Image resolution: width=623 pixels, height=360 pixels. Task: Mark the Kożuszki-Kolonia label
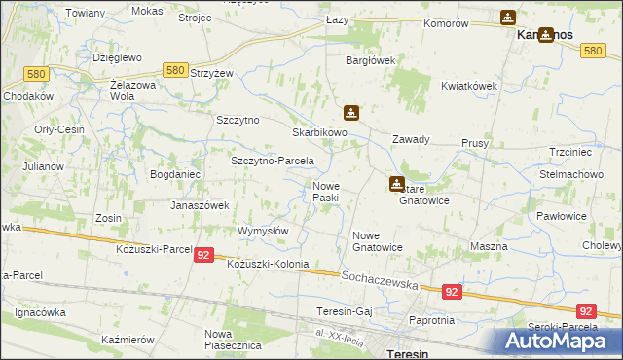coord(268,265)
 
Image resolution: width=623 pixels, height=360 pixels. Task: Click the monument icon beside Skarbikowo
coord(351,112)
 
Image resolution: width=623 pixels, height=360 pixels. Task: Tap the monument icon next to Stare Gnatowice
coord(397,183)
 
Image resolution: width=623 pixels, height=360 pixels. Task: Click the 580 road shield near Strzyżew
coord(176,71)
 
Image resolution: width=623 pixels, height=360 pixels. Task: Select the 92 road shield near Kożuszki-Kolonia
coord(202,255)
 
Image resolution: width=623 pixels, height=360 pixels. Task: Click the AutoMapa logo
coord(561,342)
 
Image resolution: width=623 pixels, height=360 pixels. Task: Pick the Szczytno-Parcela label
coord(272,162)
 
